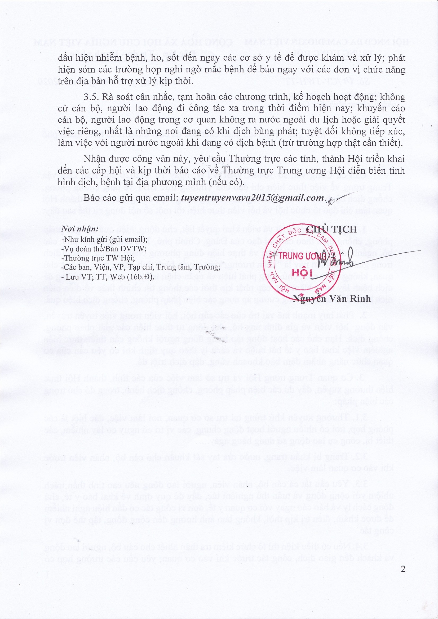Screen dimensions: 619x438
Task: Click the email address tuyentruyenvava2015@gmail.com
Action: [x=252, y=198]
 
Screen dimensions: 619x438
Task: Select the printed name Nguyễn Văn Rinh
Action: [x=332, y=298]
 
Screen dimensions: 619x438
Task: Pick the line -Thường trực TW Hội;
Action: [x=98, y=258]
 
